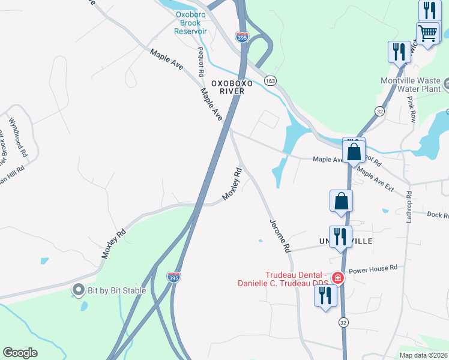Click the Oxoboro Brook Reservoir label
tap(191, 23)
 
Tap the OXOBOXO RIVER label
tap(228, 86)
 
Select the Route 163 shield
tap(270, 80)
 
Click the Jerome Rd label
tap(279, 235)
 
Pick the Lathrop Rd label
tap(408, 207)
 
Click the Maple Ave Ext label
tap(375, 179)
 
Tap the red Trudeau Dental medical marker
tap(337, 278)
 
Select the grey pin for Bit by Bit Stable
tap(78, 290)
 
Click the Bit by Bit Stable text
tap(118, 291)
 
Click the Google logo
tap(20, 353)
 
